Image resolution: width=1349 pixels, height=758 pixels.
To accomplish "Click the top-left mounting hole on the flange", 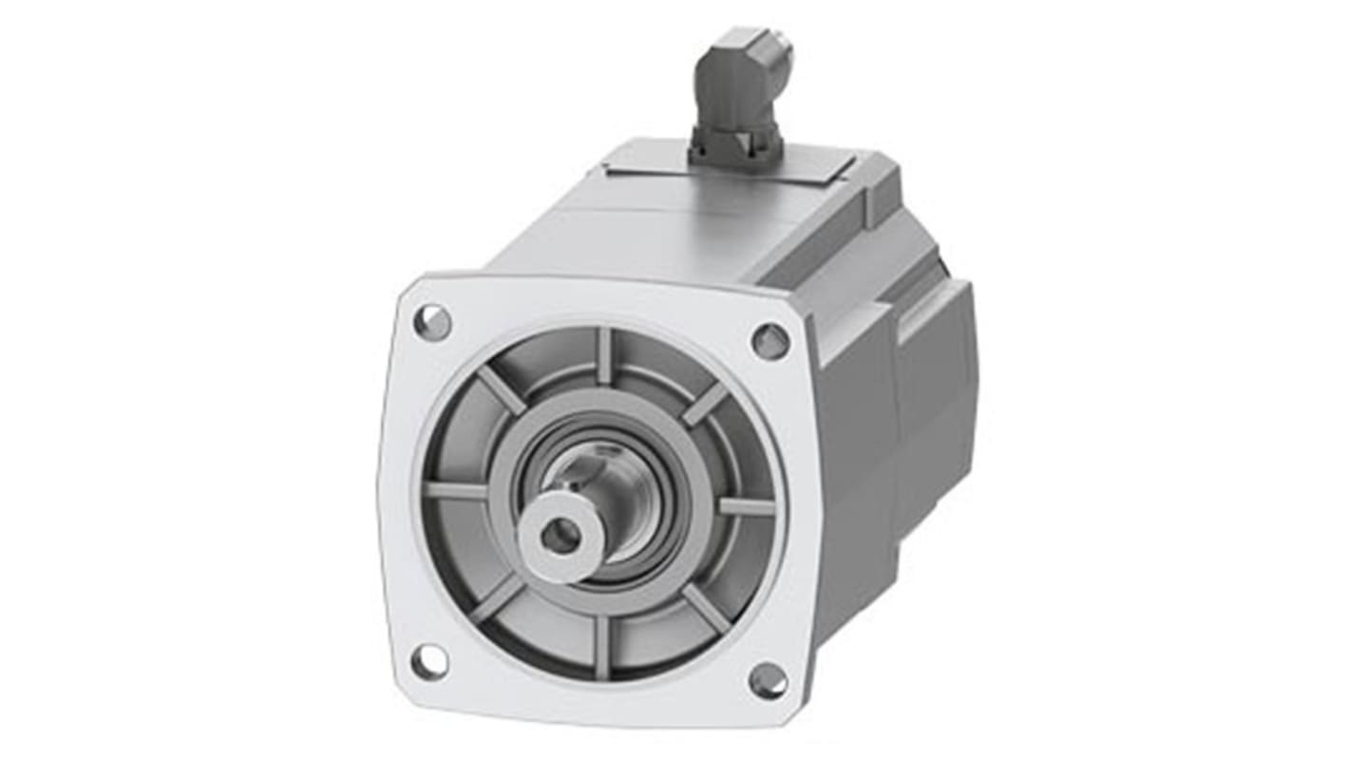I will pyautogui.click(x=432, y=322).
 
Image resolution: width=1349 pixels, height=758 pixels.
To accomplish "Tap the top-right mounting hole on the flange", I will pyautogui.click(x=770, y=341).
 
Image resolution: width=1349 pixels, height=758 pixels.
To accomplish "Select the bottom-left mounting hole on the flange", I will pyautogui.click(x=428, y=661).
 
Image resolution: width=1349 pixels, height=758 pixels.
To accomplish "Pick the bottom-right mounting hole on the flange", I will pyautogui.click(x=768, y=680).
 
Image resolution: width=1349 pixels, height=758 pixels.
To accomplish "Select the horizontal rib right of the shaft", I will pyautogui.click(x=746, y=506).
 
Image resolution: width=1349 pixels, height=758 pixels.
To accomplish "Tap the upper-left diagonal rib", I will pyautogui.click(x=500, y=389).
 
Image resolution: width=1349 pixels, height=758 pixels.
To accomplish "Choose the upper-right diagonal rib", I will pyautogui.click(x=705, y=404).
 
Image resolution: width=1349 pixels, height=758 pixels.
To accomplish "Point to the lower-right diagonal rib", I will pyautogui.click(x=707, y=608).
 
